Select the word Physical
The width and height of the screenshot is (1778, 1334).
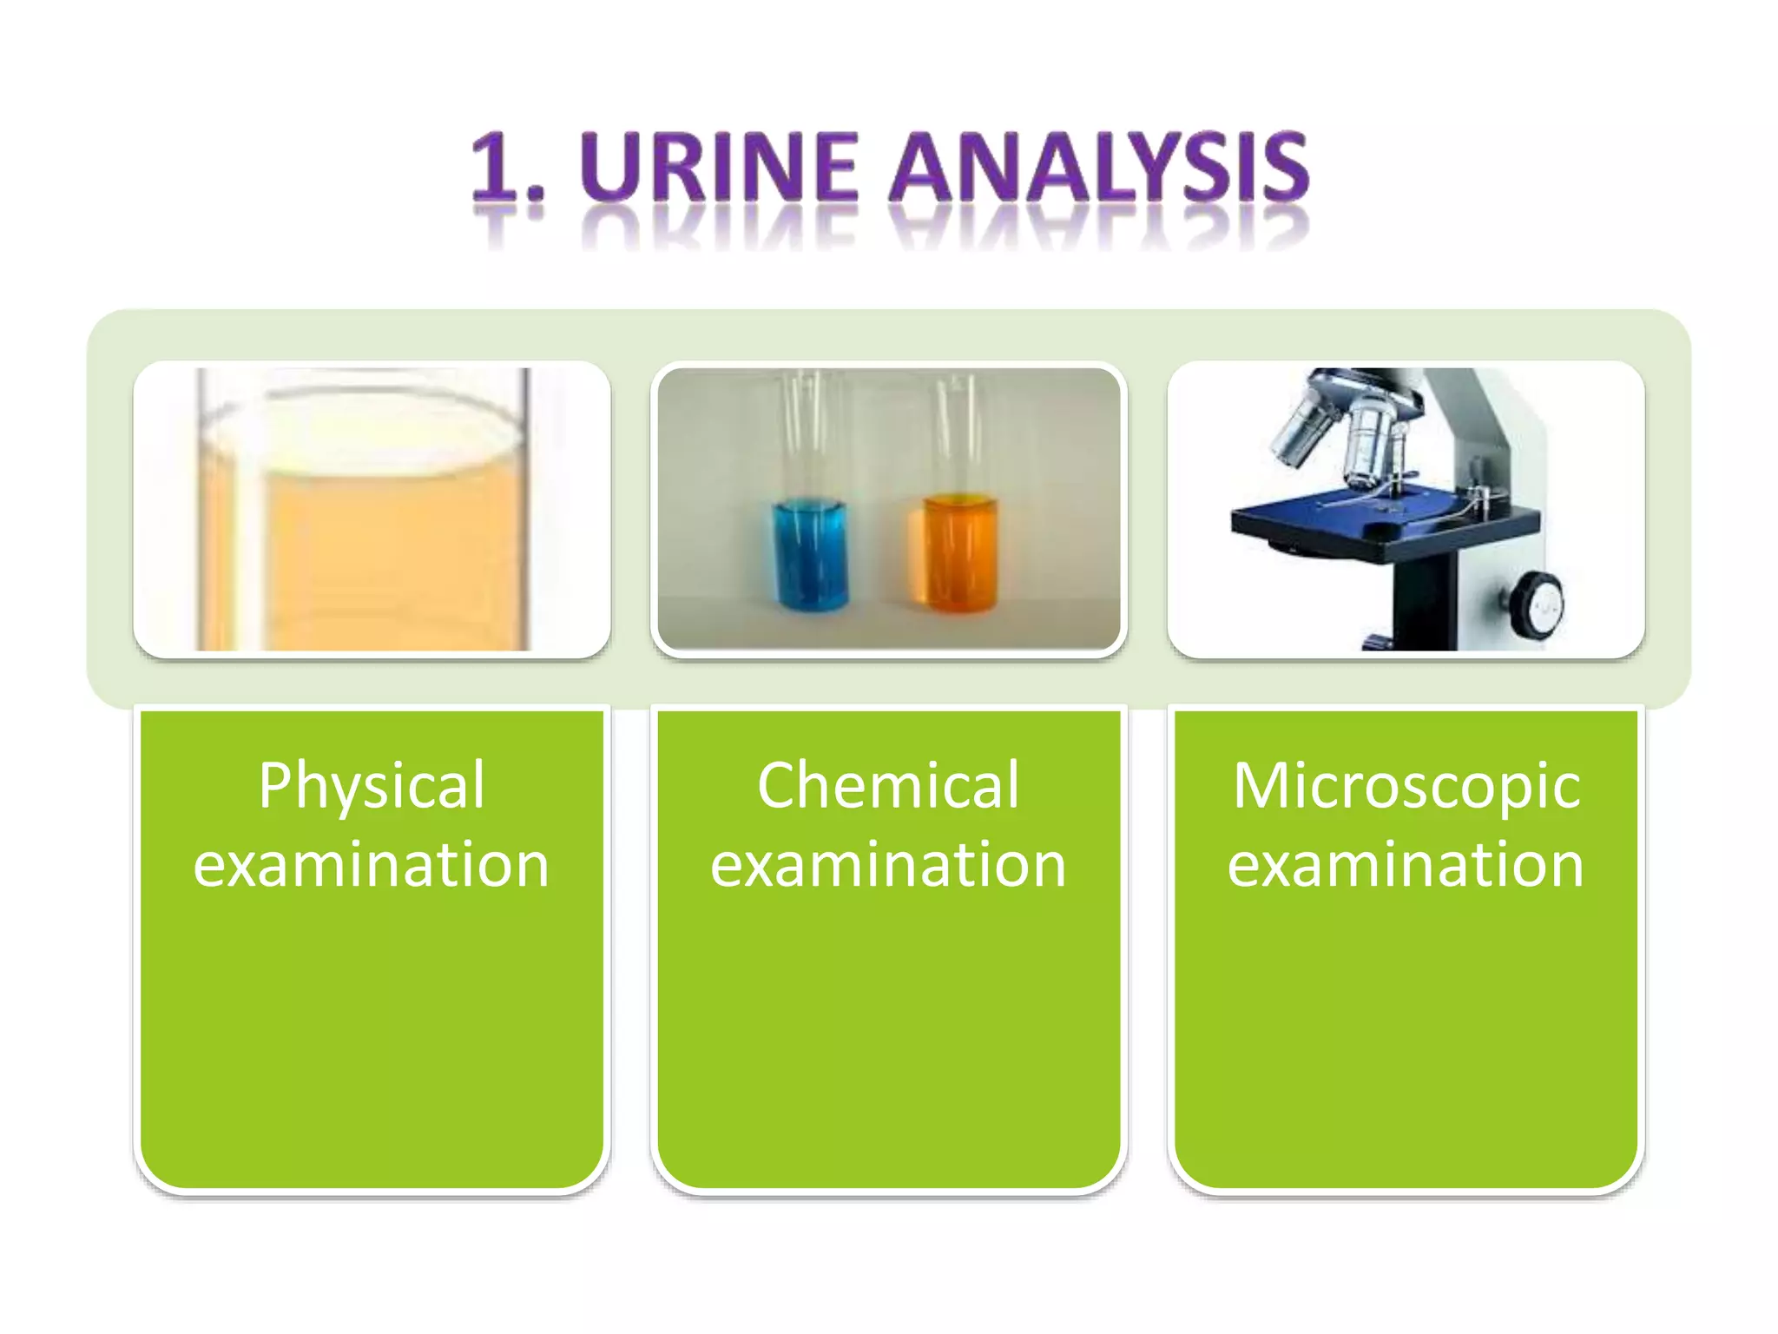point(372,786)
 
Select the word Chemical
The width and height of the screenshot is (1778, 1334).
point(888,786)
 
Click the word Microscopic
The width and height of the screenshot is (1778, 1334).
point(1406,786)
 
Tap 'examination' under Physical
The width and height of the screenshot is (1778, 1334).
point(372,865)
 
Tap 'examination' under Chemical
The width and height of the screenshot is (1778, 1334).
point(888,865)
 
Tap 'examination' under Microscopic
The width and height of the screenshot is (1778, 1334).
point(1406,865)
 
